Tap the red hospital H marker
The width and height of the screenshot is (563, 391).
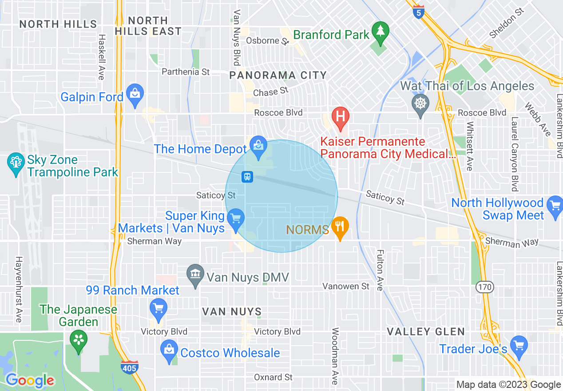341,116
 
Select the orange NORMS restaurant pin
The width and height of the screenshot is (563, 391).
340,226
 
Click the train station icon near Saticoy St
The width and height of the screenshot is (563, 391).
247,177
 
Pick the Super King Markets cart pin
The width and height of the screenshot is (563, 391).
235,218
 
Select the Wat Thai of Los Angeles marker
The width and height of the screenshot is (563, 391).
420,104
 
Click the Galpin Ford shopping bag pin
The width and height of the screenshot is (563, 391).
134,93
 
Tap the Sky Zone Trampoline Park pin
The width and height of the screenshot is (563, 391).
16,162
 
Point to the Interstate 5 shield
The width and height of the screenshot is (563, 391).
418,12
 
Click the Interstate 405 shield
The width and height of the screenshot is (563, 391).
129,367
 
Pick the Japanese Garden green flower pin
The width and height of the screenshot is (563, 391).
79,340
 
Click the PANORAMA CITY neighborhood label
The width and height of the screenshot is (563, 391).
278,76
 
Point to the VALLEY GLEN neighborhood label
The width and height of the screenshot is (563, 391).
425,331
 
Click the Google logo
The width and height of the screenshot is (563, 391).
30,380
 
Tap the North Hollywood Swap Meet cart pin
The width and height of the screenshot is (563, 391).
555,205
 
